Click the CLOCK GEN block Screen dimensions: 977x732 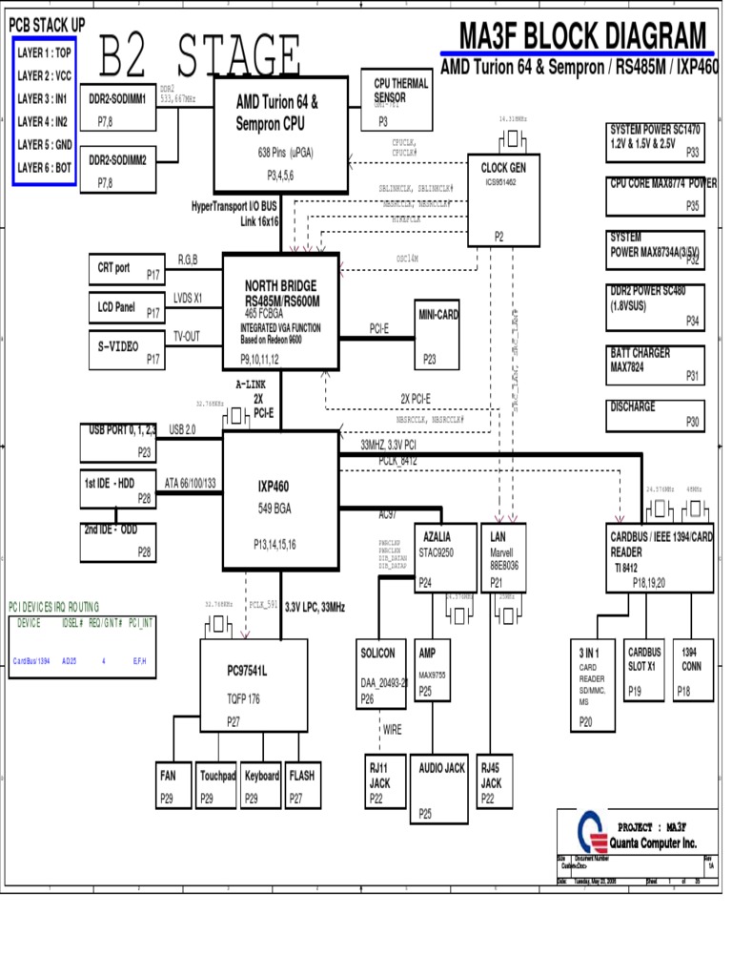pyautogui.click(x=503, y=199)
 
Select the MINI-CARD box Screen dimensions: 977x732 pyautogui.click(x=438, y=335)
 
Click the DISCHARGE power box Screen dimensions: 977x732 pyautogui.click(x=655, y=414)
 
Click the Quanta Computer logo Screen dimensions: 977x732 pyautogui.click(x=594, y=832)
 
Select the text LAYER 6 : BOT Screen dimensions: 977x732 pyautogui.click(x=45, y=167)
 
